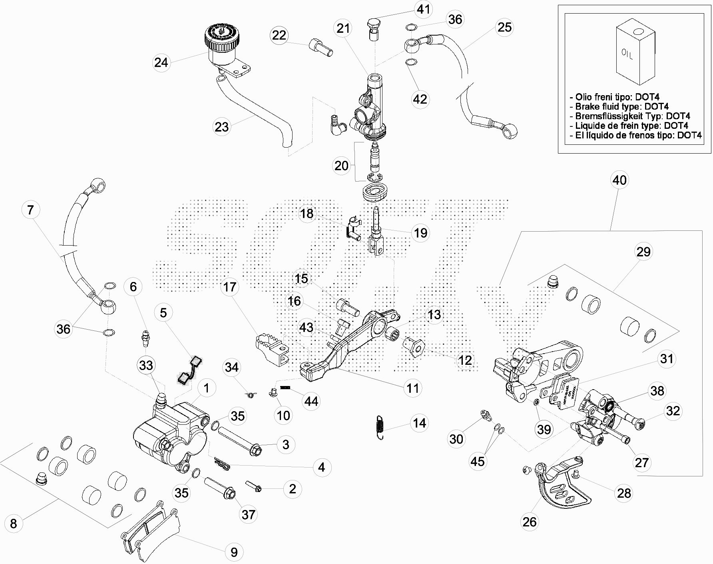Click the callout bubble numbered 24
pos(161,62)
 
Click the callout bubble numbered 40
pos(619,180)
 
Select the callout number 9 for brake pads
pos(234,552)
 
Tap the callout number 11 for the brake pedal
pos(412,388)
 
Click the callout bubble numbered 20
pos(341,165)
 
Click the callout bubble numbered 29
pos(643,252)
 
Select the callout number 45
pos(478,461)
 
